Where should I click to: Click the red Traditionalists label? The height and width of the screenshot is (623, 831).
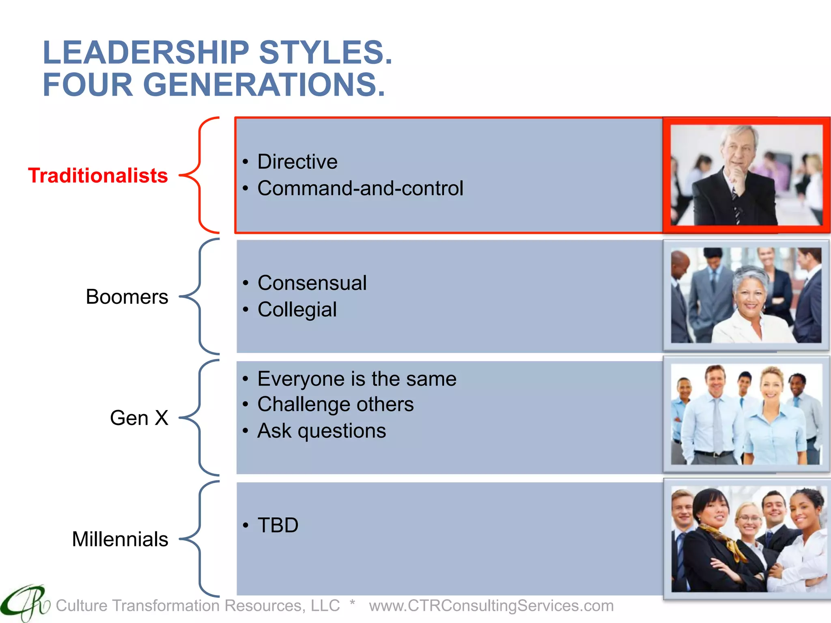98,176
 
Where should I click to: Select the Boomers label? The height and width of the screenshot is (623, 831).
127,297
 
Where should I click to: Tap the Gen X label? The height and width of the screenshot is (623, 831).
139,418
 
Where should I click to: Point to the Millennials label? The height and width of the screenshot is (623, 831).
120,539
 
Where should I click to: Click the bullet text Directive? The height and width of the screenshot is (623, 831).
297,162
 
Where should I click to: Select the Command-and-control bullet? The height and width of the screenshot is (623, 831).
360,188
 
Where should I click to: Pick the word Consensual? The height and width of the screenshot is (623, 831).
312,283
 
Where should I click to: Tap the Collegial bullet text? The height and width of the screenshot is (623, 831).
297,310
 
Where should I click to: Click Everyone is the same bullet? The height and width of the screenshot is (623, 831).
357,379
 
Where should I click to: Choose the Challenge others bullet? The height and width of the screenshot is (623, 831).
335,404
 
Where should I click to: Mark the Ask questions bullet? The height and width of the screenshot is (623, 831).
321,431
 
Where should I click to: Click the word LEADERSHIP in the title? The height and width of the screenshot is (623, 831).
146,53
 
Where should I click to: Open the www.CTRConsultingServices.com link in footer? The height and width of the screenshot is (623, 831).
491,606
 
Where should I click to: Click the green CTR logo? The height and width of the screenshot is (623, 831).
25,602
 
